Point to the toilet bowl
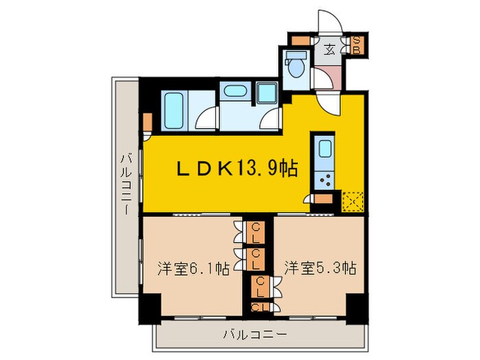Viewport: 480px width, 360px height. click(297, 69)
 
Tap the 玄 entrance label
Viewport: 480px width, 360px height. click(329, 49)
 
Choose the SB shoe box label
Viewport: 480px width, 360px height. click(357, 45)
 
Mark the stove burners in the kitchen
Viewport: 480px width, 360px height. click(324, 182)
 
